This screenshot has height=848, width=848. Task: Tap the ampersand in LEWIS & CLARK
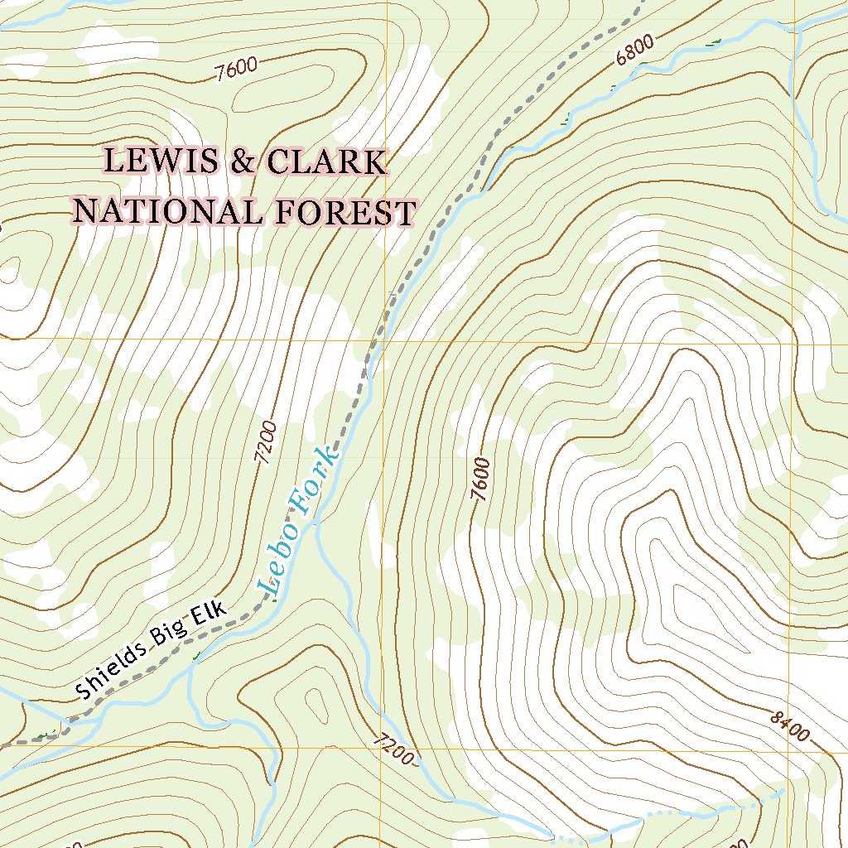click(x=243, y=162)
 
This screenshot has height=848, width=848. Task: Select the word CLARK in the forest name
click(x=325, y=162)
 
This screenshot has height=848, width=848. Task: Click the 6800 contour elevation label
click(x=635, y=49)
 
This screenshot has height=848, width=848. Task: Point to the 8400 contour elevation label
click(x=788, y=726)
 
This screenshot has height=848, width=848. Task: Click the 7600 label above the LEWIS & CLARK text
click(x=236, y=70)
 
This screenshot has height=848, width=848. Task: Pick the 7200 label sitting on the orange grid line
click(x=390, y=749)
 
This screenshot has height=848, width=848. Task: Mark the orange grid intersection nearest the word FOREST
click(x=385, y=340)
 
